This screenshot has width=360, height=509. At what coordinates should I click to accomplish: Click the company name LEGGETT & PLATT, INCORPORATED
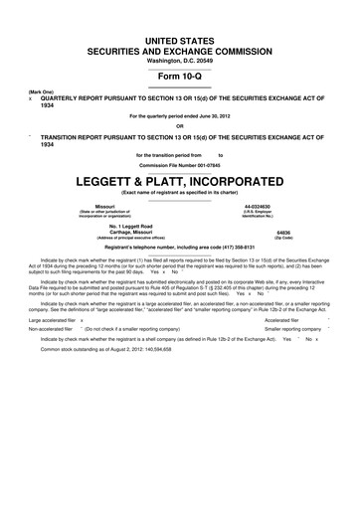coord(179,182)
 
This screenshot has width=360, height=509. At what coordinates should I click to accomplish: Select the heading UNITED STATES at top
coord(180,10)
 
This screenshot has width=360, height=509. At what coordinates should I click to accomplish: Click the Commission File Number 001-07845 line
coord(180,165)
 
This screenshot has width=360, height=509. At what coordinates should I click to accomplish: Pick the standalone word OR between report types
coord(180,125)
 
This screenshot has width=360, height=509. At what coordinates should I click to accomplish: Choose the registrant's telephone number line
coord(180,246)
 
